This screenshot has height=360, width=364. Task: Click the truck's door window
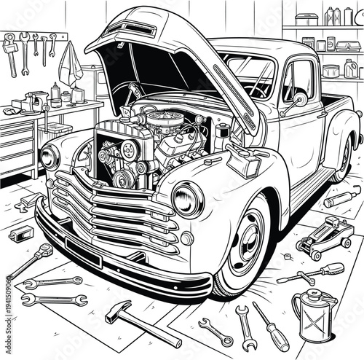point(298,79)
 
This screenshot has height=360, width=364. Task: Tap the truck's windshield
point(248,73)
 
